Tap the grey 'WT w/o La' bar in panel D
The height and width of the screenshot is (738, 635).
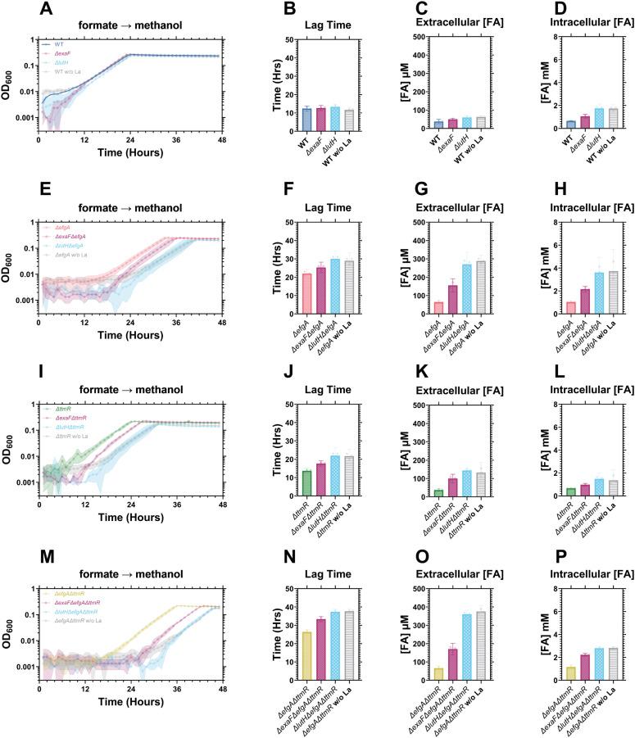613,118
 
